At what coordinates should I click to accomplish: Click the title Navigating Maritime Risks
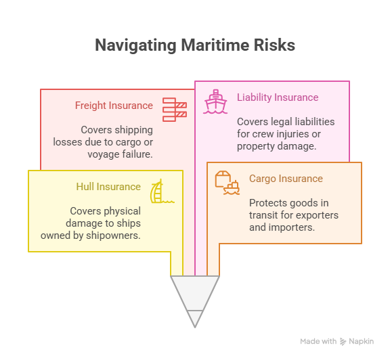pyautogui.click(x=195, y=45)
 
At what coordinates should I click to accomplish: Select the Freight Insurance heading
pyautogui.click(x=114, y=106)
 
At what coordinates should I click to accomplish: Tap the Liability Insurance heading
pyautogui.click(x=278, y=97)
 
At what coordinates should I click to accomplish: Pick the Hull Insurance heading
pyautogui.click(x=108, y=187)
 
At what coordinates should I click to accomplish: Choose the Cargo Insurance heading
pyautogui.click(x=286, y=179)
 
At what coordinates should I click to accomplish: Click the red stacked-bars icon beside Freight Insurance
pyautogui.click(x=175, y=110)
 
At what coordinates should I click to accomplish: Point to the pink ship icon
pyautogui.click(x=215, y=102)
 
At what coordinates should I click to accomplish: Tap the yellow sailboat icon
pyautogui.click(x=162, y=191)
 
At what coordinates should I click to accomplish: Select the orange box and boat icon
pyautogui.click(x=227, y=183)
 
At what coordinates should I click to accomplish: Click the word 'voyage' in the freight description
pyautogui.click(x=102, y=154)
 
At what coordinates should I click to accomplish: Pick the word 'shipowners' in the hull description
pyautogui.click(x=114, y=235)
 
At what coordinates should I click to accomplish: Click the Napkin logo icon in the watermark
pyautogui.click(x=343, y=342)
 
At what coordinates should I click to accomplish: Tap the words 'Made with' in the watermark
pyautogui.click(x=318, y=341)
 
